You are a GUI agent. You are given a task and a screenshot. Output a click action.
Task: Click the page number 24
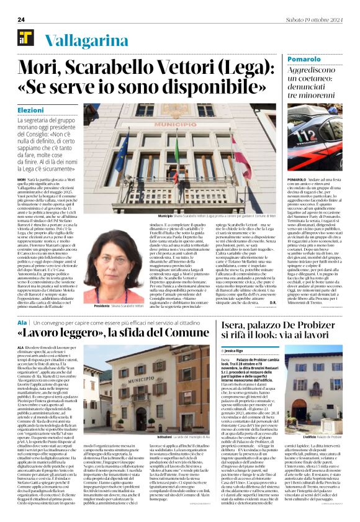[x=21, y=20]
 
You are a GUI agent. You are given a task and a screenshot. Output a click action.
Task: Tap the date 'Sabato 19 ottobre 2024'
[x=314, y=20]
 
